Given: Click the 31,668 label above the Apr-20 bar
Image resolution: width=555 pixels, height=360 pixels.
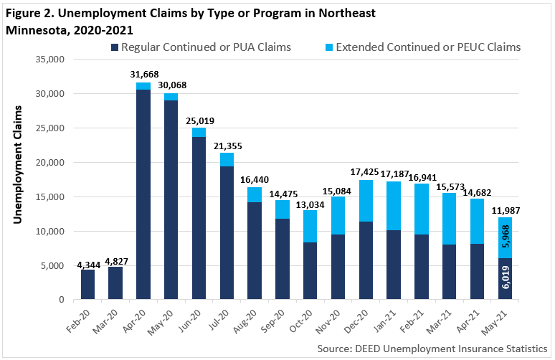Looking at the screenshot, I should click(143, 74).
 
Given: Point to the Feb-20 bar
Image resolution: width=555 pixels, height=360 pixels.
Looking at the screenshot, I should click(87, 284).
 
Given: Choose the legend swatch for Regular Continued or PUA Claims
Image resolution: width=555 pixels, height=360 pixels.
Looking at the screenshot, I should click(114, 48).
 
